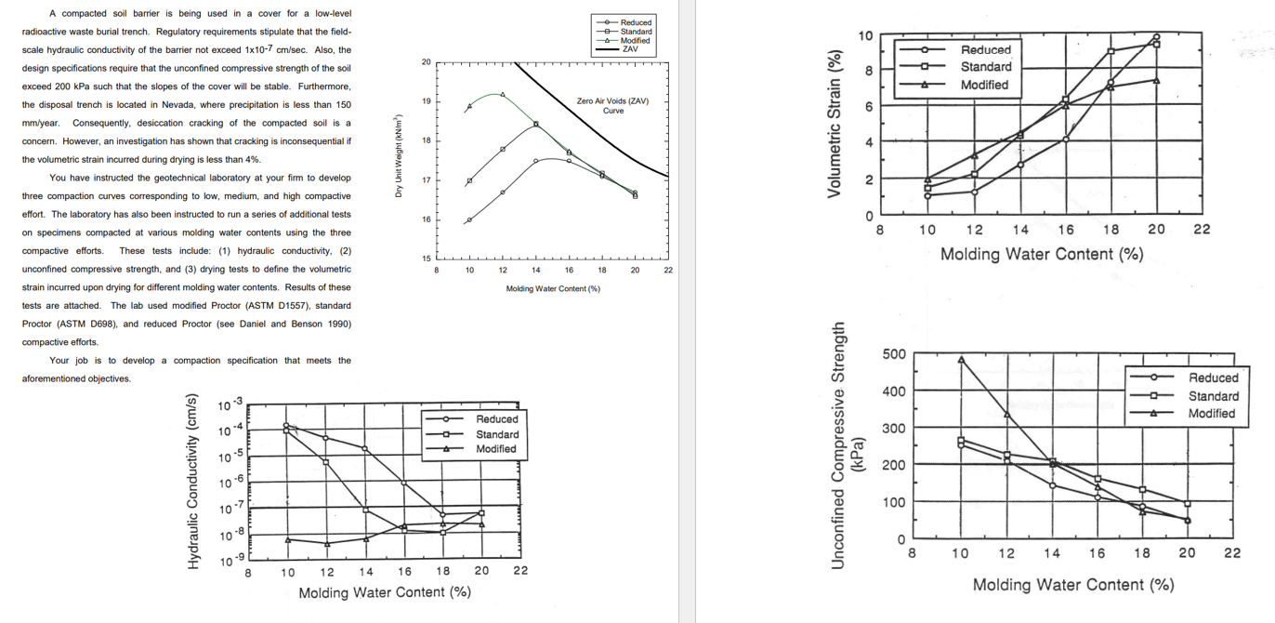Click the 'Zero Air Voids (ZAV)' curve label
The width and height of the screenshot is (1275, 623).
[612, 105]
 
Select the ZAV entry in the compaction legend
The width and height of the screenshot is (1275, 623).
[629, 49]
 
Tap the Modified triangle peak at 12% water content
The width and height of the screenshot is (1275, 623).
[503, 95]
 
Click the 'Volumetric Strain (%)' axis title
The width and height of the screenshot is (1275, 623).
[835, 125]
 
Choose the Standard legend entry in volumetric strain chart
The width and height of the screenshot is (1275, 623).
[985, 67]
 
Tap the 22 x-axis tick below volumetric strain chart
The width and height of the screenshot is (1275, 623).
[1202, 230]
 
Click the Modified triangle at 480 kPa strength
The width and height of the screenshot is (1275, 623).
[961, 359]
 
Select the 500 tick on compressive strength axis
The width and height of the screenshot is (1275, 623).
[893, 354]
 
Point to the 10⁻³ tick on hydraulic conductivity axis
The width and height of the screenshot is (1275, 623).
[230, 405]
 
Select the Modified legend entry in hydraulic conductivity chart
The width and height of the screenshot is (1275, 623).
[495, 449]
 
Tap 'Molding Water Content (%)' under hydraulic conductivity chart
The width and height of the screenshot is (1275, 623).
[384, 592]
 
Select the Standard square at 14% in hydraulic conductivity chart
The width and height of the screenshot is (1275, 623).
[366, 510]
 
